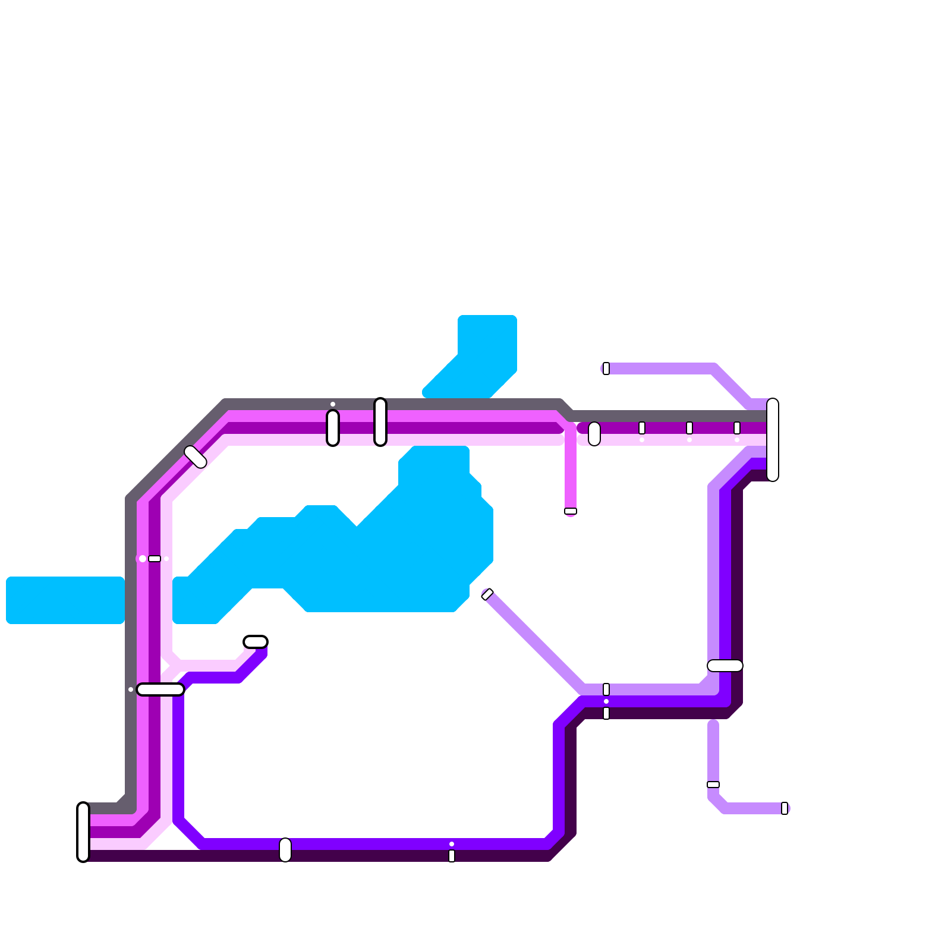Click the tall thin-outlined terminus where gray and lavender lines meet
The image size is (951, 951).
coord(773,440)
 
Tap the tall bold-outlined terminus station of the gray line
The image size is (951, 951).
coord(83,832)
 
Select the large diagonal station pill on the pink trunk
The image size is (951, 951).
coord(195,456)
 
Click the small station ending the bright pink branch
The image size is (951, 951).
coord(571,511)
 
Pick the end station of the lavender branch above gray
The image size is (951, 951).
coord(606,369)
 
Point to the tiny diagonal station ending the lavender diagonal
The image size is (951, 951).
coord(487,594)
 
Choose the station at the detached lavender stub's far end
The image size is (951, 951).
coord(785,808)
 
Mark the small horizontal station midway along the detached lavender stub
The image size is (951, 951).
coord(713,785)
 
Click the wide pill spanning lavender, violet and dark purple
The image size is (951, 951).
coord(725,666)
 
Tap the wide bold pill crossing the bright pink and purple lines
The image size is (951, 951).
coord(160,689)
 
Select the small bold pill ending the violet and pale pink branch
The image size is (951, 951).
coord(256,642)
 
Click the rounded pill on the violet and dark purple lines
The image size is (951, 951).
coord(285,850)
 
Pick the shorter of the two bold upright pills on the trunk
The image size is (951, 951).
coord(333,428)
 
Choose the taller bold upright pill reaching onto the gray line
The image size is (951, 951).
coord(380,422)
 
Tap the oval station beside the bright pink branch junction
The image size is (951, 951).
coord(594,434)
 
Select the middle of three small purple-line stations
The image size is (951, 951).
coord(689,428)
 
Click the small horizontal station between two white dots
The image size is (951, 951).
coord(155,559)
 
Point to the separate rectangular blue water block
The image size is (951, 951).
coord(65,600)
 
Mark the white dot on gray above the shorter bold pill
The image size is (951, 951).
coord(333,404)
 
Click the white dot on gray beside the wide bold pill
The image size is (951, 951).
coord(131,689)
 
